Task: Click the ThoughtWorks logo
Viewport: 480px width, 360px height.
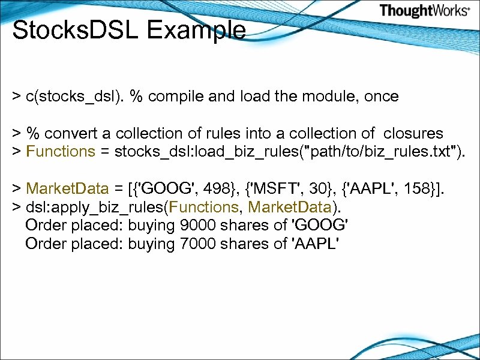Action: (x=424, y=10)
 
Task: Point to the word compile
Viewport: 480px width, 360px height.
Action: (x=177, y=96)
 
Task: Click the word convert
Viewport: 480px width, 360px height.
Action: (x=77, y=133)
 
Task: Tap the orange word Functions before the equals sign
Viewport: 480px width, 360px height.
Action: (x=61, y=151)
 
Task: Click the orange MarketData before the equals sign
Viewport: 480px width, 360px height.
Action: (x=68, y=190)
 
